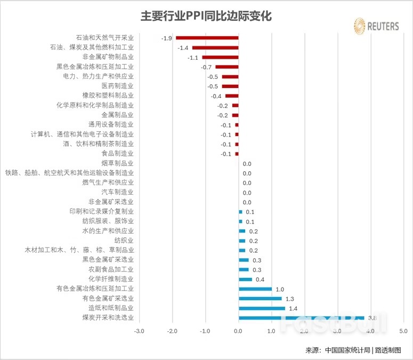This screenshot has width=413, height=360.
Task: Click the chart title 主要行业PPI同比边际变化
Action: [206, 17]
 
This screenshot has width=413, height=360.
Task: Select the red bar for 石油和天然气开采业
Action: [207, 38]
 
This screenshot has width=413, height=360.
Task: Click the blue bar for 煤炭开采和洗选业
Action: [301, 318]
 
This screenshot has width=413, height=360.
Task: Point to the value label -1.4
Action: [183, 48]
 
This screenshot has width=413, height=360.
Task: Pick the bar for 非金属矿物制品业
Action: [220, 57]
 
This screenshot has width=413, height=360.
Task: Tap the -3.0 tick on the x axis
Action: [139, 331]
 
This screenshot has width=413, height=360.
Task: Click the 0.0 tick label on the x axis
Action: [238, 331]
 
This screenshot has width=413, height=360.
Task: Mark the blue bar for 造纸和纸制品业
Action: [262, 308]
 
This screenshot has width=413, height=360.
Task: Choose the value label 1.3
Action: [290, 299]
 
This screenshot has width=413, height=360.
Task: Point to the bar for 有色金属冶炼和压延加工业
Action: [255, 289]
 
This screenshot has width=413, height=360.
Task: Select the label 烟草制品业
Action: [118, 163]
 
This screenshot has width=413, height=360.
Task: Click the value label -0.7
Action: [207, 67]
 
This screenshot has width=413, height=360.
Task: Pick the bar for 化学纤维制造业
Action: [245, 279]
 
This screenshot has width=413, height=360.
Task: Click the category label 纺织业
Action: [124, 241]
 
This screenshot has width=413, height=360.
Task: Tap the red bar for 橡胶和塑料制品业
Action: [232, 96]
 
